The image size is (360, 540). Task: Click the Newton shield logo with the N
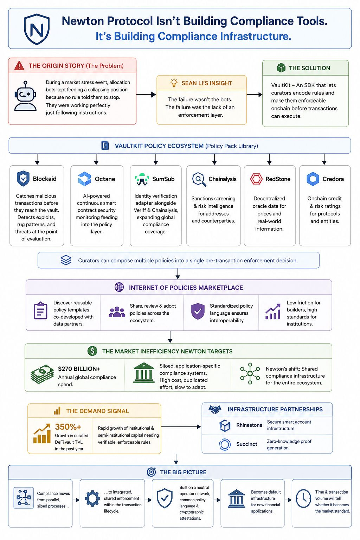coord(37,29)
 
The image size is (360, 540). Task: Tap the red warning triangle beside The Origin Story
coord(19,66)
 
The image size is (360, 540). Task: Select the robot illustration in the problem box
coord(25,96)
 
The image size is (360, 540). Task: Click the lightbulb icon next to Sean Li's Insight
coord(174,83)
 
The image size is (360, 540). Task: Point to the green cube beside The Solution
coord(281,68)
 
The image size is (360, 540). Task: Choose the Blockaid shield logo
coord(23,178)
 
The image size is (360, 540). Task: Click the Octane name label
coord(105,179)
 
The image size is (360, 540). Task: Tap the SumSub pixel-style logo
coord(142,179)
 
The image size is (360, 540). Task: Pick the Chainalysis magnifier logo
coord(199,179)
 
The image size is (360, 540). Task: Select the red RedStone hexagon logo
coord(256,179)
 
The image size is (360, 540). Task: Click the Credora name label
coord(333,179)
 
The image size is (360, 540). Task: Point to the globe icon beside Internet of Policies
coord(119,287)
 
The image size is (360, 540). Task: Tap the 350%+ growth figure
coord(68,427)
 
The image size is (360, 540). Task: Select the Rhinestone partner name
coord(249,425)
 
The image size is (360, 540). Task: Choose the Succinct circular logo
coord(225,444)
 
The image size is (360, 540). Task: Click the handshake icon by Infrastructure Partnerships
coord(215,409)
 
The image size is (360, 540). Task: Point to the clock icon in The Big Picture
coord(303,499)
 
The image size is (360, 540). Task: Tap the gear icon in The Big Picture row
coord(92,498)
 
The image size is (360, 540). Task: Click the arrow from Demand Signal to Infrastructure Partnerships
coord(181,427)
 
